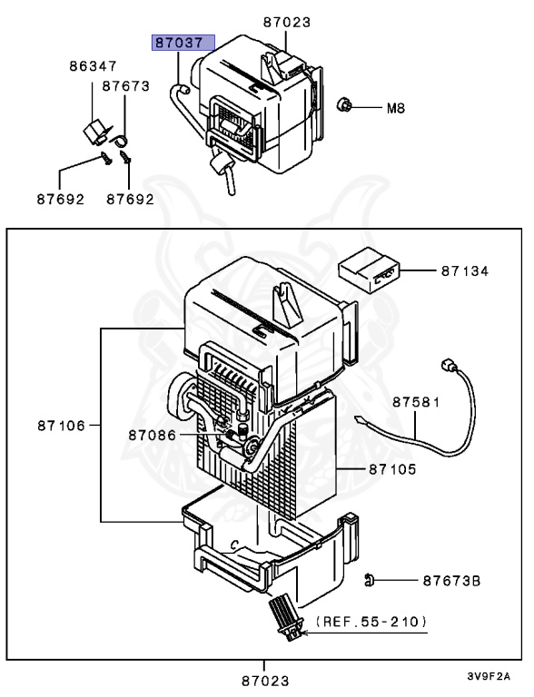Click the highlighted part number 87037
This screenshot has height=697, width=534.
pyautogui.click(x=183, y=43)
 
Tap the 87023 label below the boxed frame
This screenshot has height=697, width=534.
pyautogui.click(x=266, y=679)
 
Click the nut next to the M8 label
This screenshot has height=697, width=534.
pyautogui.click(x=345, y=106)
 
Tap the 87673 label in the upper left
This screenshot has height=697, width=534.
pyautogui.click(x=125, y=85)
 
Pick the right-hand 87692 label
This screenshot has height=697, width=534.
pyautogui.click(x=129, y=199)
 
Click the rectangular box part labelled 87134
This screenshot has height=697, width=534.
pyautogui.click(x=368, y=270)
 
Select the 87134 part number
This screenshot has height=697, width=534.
pyautogui.click(x=467, y=270)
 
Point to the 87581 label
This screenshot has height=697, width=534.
pyautogui.click(x=417, y=400)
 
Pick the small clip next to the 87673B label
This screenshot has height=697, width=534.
pyautogui.click(x=370, y=579)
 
